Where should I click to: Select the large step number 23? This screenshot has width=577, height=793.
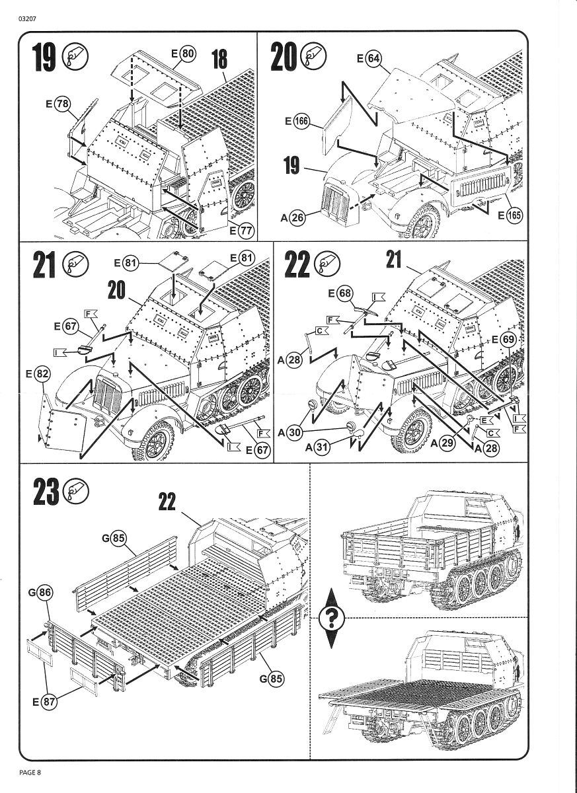click(44, 492)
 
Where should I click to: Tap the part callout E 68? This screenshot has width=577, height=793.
click(340, 292)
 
